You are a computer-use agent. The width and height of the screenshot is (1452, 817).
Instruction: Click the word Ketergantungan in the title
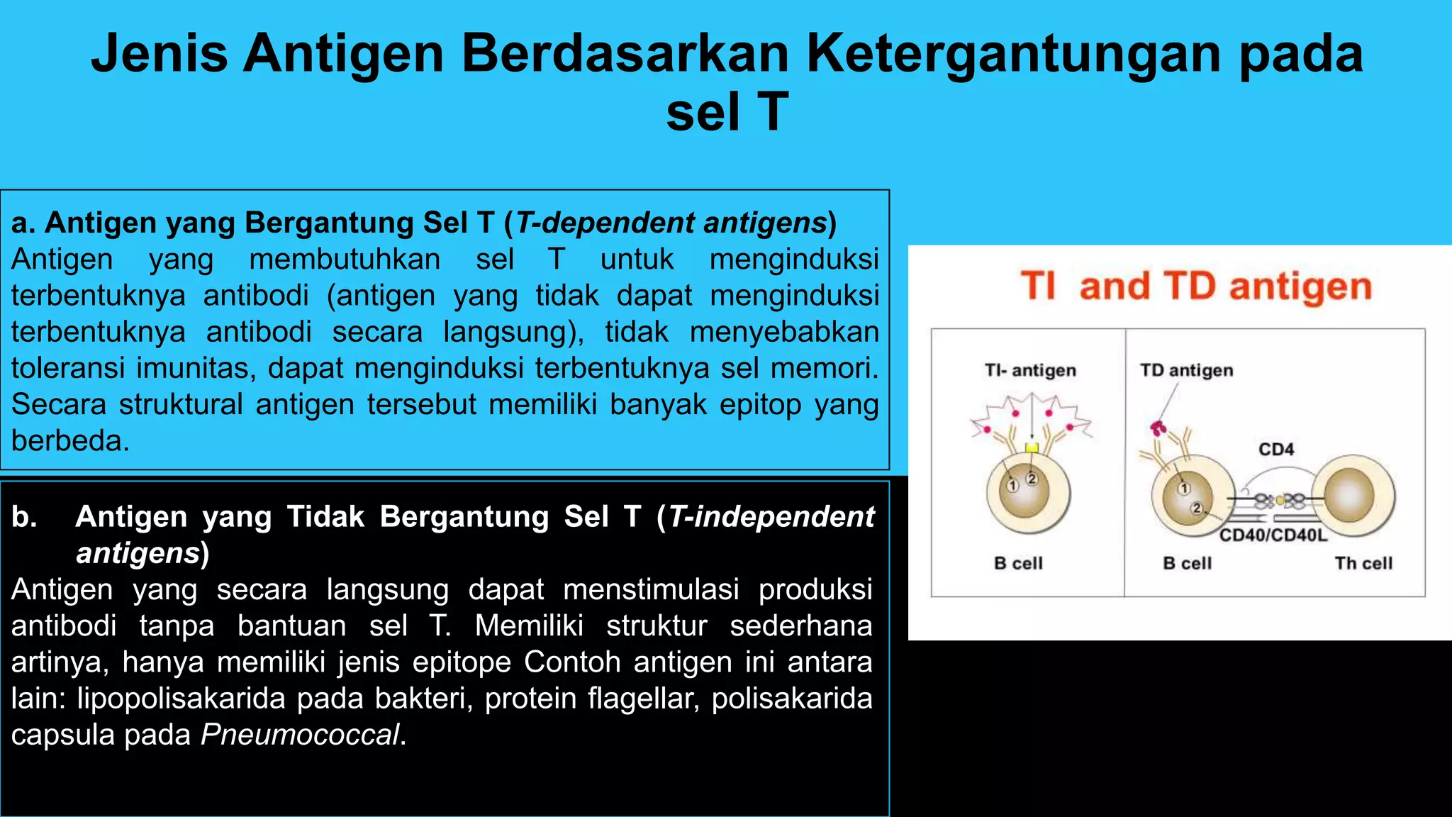tap(1014, 54)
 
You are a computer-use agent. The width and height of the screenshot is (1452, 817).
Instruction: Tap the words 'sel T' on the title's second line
tap(726, 112)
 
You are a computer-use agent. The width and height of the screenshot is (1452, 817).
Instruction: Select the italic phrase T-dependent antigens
tap(671, 223)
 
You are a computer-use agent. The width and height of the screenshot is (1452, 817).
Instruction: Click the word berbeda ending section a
tap(69, 441)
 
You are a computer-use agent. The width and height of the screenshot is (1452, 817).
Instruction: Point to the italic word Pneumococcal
tap(300, 735)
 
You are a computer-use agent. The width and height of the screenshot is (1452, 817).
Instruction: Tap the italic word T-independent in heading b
tap(771, 516)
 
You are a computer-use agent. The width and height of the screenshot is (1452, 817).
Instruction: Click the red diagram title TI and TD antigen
tap(1196, 287)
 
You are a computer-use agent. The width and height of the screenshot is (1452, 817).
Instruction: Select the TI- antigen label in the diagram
tap(1030, 370)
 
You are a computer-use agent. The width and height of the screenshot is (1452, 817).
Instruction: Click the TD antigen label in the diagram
tap(1186, 370)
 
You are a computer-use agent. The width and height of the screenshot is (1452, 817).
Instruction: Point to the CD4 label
tap(1276, 449)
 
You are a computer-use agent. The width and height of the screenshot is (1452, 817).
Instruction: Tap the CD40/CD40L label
tap(1273, 535)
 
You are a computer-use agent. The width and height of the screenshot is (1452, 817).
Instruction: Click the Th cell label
tap(1363, 563)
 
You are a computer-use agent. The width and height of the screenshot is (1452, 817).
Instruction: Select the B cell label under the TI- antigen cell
tap(1018, 563)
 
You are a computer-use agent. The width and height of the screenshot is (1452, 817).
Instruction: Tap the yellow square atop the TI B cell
tap(1032, 448)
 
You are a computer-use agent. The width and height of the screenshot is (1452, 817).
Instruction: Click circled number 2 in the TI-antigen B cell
tap(1032, 479)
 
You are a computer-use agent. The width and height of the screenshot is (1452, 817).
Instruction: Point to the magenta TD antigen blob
tap(1158, 428)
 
